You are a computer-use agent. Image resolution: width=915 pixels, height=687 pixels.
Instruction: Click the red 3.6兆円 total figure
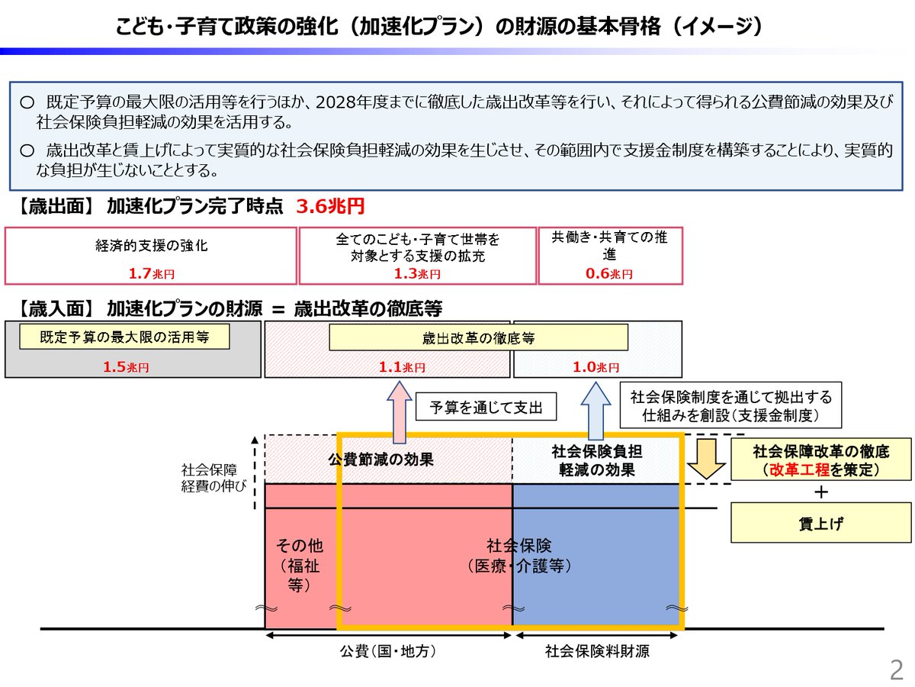click(330, 207)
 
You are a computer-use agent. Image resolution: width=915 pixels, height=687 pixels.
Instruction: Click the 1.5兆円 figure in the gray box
click(127, 367)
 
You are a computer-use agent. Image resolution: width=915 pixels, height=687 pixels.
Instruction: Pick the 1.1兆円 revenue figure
click(402, 367)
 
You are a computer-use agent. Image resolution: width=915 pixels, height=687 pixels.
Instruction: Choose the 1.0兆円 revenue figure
click(596, 367)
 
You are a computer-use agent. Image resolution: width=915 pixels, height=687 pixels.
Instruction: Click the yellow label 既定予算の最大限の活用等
click(124, 336)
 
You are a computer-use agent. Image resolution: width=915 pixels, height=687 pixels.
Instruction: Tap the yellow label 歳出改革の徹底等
click(478, 337)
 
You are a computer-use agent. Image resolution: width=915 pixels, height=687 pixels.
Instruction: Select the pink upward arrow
click(397, 412)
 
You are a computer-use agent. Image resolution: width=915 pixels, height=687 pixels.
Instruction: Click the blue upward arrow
click(596, 412)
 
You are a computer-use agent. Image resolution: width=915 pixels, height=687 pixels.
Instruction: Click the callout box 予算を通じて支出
click(486, 408)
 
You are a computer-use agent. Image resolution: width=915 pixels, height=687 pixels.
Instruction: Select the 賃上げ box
click(820, 523)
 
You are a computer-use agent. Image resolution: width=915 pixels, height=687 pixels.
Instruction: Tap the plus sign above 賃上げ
click(820, 492)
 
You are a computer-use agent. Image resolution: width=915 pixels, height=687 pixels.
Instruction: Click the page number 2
click(896, 669)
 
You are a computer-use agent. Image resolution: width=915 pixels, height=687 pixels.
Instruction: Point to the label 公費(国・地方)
click(388, 651)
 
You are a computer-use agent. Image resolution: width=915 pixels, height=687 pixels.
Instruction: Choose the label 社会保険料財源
click(597, 651)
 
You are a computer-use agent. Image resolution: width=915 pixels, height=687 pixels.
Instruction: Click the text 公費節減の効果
click(380, 460)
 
